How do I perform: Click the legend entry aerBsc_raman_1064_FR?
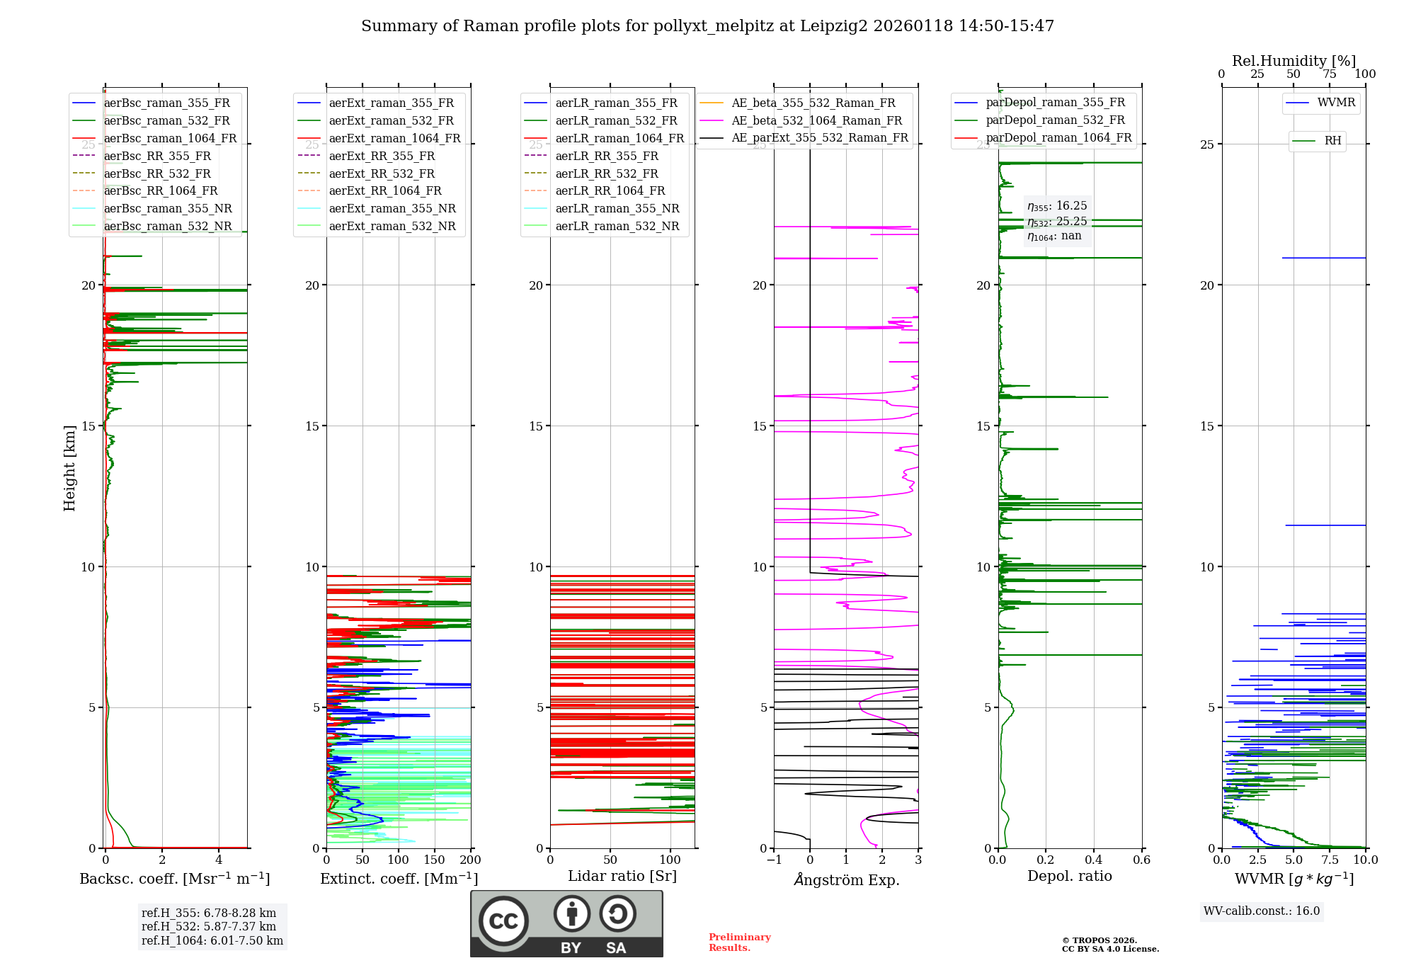[170, 138]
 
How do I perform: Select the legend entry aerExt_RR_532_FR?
[382, 173]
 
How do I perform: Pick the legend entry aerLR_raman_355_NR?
[617, 208]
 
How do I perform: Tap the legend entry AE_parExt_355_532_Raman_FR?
[819, 137]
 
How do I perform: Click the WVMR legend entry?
[1336, 103]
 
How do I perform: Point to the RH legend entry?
[1332, 141]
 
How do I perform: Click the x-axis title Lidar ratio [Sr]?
[622, 876]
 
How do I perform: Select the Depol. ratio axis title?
[1069, 876]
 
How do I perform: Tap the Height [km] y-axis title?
[69, 468]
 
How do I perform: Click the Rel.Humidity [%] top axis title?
[1294, 61]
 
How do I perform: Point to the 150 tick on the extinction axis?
[434, 860]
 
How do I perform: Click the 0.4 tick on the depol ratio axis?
[1093, 860]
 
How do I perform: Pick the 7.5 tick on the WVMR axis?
[1330, 860]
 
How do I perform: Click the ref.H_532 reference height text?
[209, 926]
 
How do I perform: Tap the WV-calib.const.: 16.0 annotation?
[1262, 911]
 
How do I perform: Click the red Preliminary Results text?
[739, 942]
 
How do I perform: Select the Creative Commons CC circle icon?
[503, 921]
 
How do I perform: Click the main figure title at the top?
[707, 26]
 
